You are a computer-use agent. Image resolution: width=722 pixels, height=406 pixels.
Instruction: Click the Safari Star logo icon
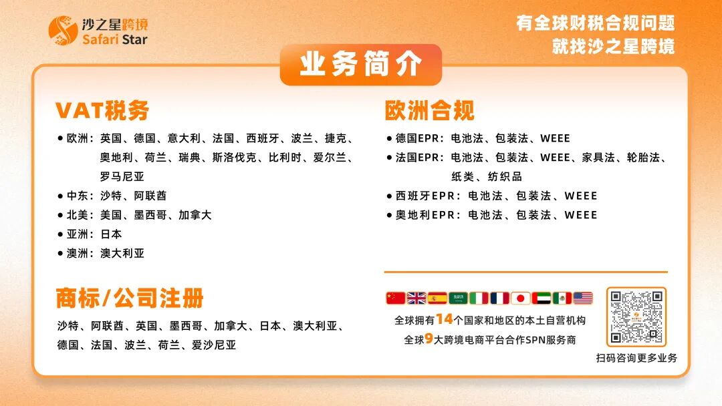pyautogui.click(x=63, y=31)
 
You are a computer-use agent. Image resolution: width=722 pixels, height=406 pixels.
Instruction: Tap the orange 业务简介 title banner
pyautogui.click(x=360, y=65)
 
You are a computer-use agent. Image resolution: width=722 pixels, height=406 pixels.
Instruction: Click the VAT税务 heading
pyautogui.click(x=102, y=110)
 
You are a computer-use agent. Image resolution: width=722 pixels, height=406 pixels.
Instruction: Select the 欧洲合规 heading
pyautogui.click(x=429, y=110)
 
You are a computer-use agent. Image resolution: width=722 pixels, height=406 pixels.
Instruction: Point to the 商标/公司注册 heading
pyautogui.click(x=130, y=298)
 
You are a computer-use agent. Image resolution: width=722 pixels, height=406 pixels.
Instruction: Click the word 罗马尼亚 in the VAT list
pyautogui.click(x=122, y=177)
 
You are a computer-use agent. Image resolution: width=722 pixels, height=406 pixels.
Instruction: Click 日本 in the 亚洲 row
pyautogui.click(x=111, y=234)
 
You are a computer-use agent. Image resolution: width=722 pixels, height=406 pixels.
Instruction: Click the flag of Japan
pyautogui.click(x=520, y=298)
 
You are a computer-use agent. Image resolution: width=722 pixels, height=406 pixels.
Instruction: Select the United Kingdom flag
pyautogui.click(x=416, y=298)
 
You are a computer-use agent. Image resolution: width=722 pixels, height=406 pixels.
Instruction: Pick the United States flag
pyautogui.click(x=582, y=298)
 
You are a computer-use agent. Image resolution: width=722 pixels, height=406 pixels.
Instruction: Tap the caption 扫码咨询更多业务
pyautogui.click(x=636, y=358)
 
